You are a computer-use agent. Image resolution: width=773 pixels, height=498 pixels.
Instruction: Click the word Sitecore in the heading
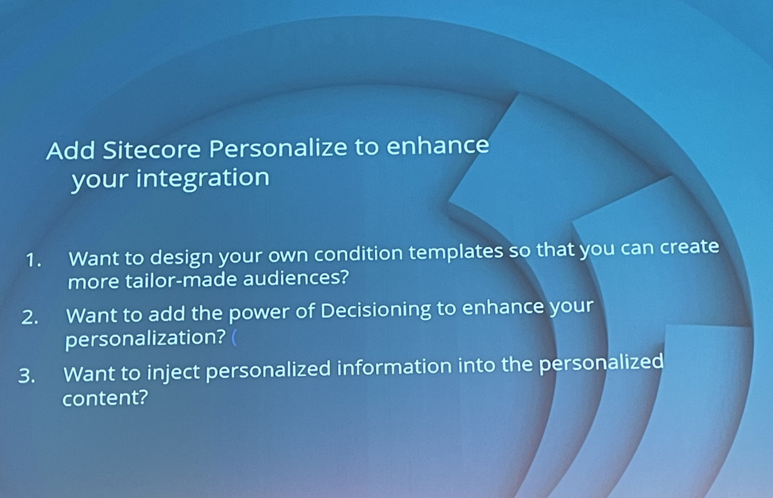pos(152,149)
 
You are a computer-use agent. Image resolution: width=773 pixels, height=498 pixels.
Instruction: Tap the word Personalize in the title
pos(278,148)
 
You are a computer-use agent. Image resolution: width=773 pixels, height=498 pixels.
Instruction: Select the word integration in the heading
pos(202,179)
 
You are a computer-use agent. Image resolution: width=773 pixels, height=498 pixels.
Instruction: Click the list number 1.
pos(33,260)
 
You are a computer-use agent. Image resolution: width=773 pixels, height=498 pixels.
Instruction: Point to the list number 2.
pos(30,317)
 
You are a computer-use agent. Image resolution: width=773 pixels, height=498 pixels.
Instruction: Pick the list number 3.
pos(26,376)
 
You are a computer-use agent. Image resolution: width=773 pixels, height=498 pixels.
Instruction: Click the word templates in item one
pos(456,253)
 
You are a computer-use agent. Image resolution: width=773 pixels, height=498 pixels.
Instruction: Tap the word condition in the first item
pos(359,254)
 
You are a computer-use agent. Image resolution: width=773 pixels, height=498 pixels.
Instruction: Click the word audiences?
pos(296,278)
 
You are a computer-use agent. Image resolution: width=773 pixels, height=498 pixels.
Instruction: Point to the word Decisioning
pos(376,311)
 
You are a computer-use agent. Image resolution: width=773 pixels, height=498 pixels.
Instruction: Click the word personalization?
pos(146,339)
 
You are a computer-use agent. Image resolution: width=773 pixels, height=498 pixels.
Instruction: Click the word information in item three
pos(394,368)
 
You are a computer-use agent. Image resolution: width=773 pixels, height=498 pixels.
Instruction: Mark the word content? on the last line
pos(105,397)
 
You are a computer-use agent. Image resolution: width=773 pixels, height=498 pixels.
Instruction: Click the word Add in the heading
pos(70,151)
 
